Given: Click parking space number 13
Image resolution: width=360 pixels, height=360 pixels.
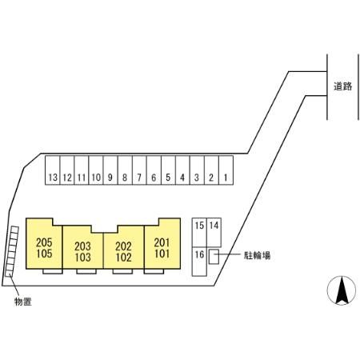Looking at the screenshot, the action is (53, 170).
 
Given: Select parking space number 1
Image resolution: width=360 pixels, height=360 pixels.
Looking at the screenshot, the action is (226, 170).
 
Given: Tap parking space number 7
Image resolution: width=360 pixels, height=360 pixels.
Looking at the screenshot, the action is (139, 170).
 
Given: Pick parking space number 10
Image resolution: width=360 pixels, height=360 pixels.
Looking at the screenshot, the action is (96, 170).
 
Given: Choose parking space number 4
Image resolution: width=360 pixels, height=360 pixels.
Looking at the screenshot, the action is (182, 170).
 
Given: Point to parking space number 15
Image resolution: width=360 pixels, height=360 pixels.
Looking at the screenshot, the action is (199, 233).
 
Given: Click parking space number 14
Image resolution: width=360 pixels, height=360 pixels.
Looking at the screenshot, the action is (214, 233).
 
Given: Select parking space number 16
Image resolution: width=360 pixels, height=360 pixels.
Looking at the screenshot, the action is (199, 262).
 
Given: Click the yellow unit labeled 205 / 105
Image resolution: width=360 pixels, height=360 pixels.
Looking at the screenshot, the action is (44, 246).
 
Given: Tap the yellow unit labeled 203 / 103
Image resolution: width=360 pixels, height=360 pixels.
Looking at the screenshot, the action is (82, 250).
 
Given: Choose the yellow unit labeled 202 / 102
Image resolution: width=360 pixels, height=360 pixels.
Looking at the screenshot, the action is (124, 250).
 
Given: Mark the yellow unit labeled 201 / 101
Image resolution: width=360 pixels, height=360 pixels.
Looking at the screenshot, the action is (162, 246).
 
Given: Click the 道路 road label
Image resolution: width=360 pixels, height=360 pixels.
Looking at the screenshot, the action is (342, 86).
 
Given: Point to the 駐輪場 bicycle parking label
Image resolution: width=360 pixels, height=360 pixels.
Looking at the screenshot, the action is (257, 255).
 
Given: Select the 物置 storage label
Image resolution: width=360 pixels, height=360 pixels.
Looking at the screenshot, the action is (23, 302).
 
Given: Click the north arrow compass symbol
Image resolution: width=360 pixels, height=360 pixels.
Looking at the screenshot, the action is (342, 290).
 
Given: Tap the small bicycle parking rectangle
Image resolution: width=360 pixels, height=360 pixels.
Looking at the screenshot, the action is (214, 257).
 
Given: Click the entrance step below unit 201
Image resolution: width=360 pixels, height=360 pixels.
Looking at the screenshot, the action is (154, 271).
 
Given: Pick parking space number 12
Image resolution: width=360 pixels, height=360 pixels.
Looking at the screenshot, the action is (67, 170).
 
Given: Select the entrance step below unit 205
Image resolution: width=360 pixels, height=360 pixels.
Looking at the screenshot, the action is (53, 271).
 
